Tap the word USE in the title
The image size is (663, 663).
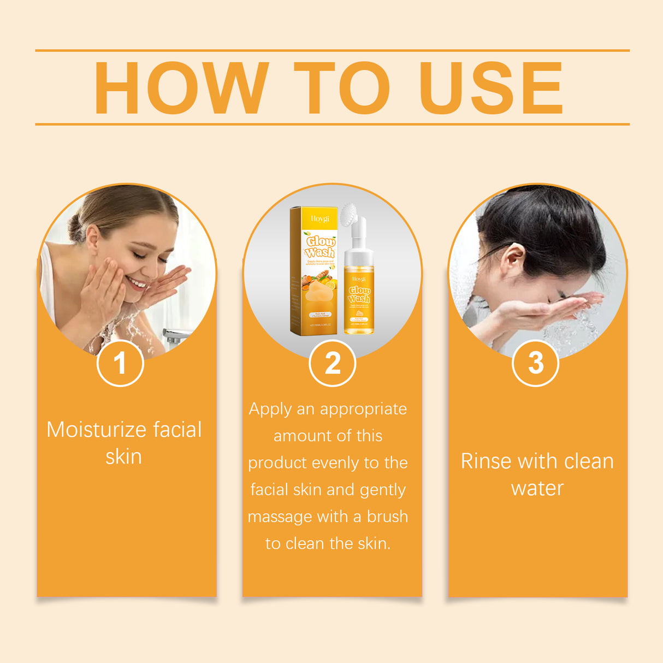(x=490, y=88)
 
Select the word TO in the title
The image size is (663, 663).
(x=341, y=88)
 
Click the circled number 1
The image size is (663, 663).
(x=120, y=363)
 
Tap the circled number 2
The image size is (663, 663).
(x=332, y=363)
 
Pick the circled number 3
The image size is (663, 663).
(x=536, y=363)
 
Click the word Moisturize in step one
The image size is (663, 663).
(x=97, y=430)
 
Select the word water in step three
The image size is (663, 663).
(x=537, y=488)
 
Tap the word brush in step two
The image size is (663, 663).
(x=387, y=517)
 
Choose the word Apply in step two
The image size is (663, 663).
(x=270, y=409)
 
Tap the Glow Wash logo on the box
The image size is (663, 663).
(x=320, y=246)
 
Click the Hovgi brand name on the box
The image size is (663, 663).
(x=320, y=218)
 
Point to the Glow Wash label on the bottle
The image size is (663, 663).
(x=359, y=294)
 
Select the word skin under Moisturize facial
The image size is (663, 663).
(x=123, y=457)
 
